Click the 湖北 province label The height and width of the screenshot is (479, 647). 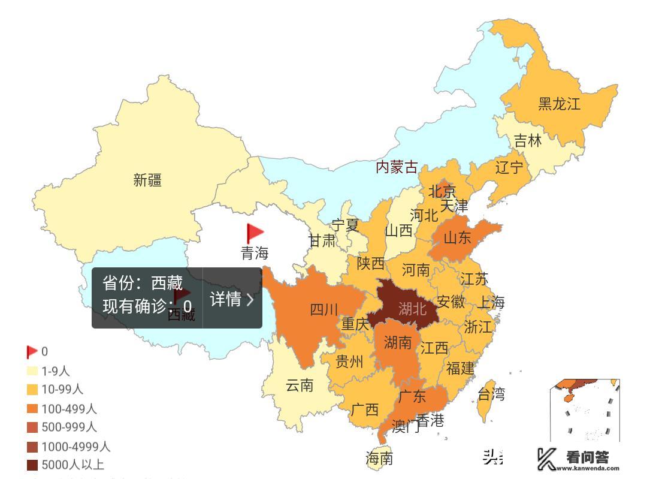click(412, 309)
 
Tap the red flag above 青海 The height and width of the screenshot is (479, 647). click(255, 233)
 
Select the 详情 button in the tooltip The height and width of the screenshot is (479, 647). click(232, 299)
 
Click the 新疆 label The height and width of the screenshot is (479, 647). click(147, 180)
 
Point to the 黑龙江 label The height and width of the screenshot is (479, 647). click(559, 103)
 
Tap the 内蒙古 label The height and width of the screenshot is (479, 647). click(396, 167)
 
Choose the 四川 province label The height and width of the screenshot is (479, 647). click(324, 310)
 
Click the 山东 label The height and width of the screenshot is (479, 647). click(458, 237)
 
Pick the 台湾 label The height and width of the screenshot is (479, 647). click(491, 394)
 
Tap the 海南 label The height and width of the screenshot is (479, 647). click(379, 459)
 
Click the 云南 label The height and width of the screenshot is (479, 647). click(299, 385)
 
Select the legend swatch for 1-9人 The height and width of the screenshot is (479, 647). click(32, 372)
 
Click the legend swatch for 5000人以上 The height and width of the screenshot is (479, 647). click(32, 465)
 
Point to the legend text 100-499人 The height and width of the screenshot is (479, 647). click(69, 409)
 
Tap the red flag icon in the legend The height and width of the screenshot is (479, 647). click(32, 352)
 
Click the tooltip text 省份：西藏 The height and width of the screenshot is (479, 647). click(143, 283)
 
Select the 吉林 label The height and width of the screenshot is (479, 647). click(528, 141)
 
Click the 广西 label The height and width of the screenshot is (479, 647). click(364, 410)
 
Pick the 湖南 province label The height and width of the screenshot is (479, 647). click(398, 342)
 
